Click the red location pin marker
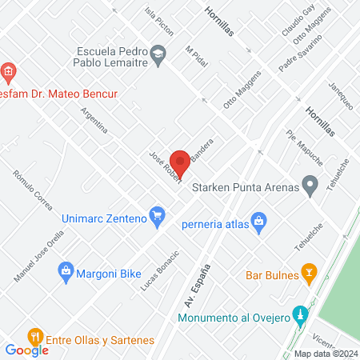pyautogui.click(x=180, y=162)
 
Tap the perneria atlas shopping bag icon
pyautogui.click(x=258, y=220)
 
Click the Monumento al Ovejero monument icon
pyautogui.click(x=300, y=313)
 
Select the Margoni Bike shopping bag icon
pyautogui.click(x=65, y=272)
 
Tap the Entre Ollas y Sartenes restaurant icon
pyautogui.click(x=34, y=335)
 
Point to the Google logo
pyautogui.click(x=26, y=350)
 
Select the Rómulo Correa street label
pyautogui.click(x=34, y=190)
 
